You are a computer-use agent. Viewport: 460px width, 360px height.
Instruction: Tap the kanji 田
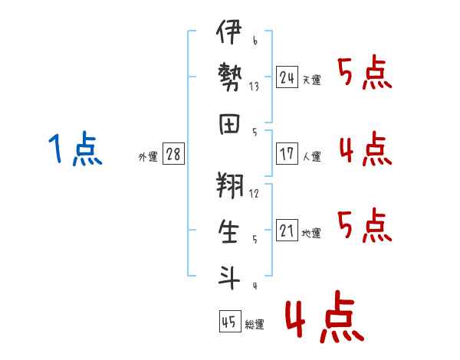click(x=228, y=123)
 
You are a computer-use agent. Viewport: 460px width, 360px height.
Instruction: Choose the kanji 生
click(x=228, y=231)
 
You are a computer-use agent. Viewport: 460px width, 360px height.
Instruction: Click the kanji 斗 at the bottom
click(x=228, y=276)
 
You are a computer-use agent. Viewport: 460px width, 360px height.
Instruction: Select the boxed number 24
click(x=287, y=77)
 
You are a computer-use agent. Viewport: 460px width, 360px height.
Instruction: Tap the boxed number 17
click(x=287, y=154)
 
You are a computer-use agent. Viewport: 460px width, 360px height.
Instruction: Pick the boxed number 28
click(x=172, y=154)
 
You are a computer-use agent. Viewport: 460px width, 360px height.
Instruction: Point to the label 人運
click(x=311, y=156)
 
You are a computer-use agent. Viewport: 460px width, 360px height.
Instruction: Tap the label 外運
click(x=148, y=156)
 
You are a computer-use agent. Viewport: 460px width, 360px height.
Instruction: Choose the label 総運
click(x=255, y=325)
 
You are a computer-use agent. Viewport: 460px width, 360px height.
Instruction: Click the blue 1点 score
click(x=74, y=149)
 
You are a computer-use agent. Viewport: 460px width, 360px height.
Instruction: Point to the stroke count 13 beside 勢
click(x=254, y=87)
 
